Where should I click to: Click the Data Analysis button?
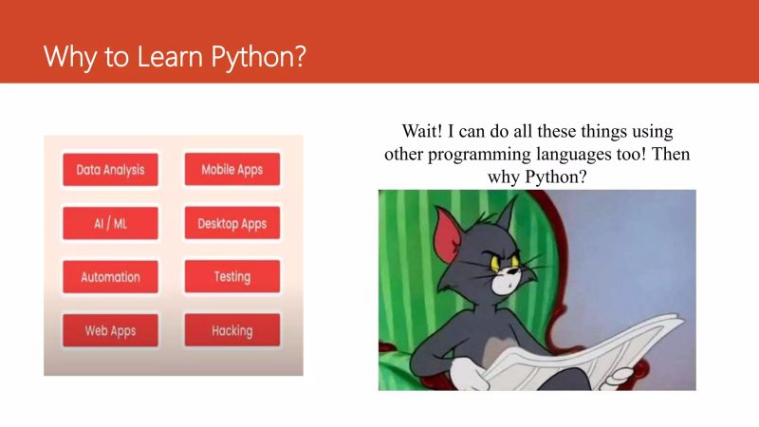(110, 170)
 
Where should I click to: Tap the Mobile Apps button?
(231, 170)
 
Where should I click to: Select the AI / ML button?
(110, 224)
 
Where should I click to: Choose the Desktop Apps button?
(231, 224)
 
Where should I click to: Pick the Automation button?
(110, 277)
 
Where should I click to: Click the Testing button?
(231, 277)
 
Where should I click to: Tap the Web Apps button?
(110, 331)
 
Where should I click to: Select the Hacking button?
(231, 331)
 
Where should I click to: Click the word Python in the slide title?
(257, 56)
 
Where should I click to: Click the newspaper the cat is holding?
(569, 356)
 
